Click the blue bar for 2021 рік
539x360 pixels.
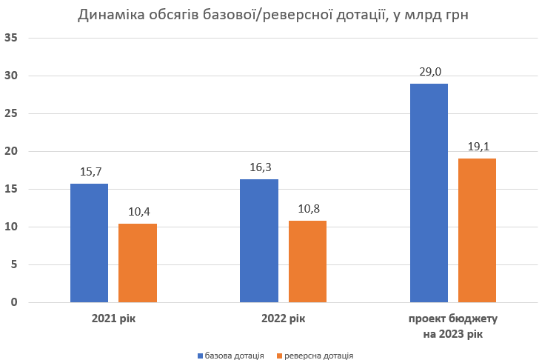pos(89,243)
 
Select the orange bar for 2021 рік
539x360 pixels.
pos(138,263)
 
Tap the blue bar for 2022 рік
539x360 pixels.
pos(259,241)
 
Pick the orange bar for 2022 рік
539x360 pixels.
pos(307,261)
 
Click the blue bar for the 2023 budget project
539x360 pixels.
pos(429,193)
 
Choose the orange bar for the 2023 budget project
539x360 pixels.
pos(477,230)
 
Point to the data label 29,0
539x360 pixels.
pos(429,72)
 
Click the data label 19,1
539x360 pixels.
pos(477,147)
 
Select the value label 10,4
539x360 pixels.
pos(138,212)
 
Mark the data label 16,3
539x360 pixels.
pos(259,167)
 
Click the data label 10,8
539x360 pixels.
pos(307,209)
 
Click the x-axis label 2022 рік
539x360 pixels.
pos(283,319)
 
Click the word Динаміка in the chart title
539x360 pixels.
pos(110,16)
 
